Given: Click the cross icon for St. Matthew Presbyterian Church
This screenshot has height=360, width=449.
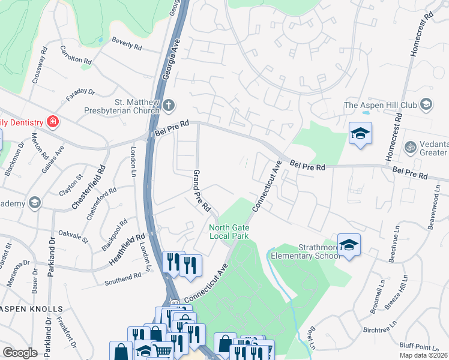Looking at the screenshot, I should (x=169, y=105).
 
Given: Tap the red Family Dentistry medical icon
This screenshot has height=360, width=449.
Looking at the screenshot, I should (x=53, y=122).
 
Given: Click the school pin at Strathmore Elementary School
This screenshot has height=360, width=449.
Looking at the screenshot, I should (x=349, y=245).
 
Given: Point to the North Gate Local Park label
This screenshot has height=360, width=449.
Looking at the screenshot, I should (x=229, y=231).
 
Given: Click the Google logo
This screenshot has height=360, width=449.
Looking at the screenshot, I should (x=20, y=353).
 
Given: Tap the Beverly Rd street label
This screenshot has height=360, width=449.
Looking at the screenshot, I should (x=126, y=43).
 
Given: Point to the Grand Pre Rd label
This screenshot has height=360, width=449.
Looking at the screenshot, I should (x=200, y=190).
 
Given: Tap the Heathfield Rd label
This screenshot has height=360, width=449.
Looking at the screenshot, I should (x=128, y=250).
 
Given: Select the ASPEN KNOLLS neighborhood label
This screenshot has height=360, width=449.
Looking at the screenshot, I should (x=31, y=308).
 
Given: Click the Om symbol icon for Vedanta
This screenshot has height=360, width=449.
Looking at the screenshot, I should (x=411, y=146).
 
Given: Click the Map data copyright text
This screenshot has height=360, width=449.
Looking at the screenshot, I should (x=423, y=355).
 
